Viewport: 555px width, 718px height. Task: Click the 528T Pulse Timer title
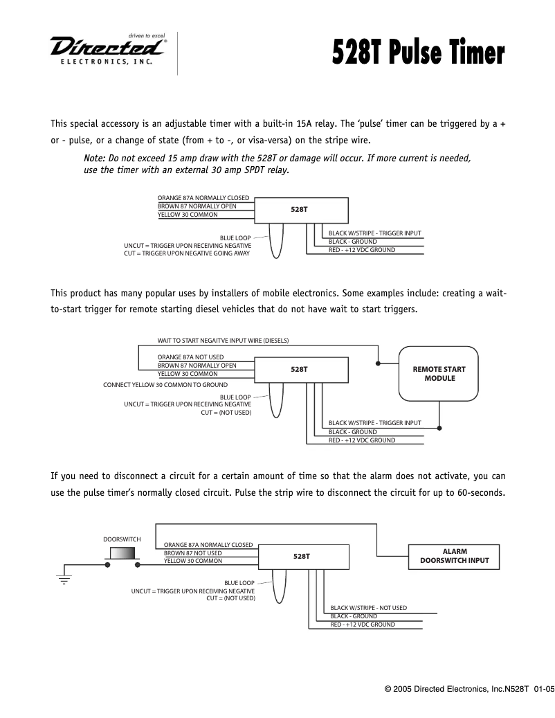[x=418, y=52]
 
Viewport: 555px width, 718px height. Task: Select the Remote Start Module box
[x=439, y=374]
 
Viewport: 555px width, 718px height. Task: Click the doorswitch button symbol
[x=122, y=553]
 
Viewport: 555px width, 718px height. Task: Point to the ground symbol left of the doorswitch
[x=64, y=578]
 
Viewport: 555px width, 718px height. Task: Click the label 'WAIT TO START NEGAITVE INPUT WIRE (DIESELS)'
[x=223, y=341]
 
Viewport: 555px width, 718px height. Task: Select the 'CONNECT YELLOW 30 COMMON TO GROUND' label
[x=165, y=385]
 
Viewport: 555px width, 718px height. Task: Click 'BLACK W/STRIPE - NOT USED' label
[x=368, y=608]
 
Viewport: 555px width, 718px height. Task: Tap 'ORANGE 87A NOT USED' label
[x=190, y=357]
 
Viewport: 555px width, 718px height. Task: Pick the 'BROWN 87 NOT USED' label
[x=192, y=553]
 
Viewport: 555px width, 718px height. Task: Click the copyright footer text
[x=469, y=689]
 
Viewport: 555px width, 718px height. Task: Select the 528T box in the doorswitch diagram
[x=302, y=556]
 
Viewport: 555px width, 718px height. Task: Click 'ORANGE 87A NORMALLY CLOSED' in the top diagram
[x=203, y=198]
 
